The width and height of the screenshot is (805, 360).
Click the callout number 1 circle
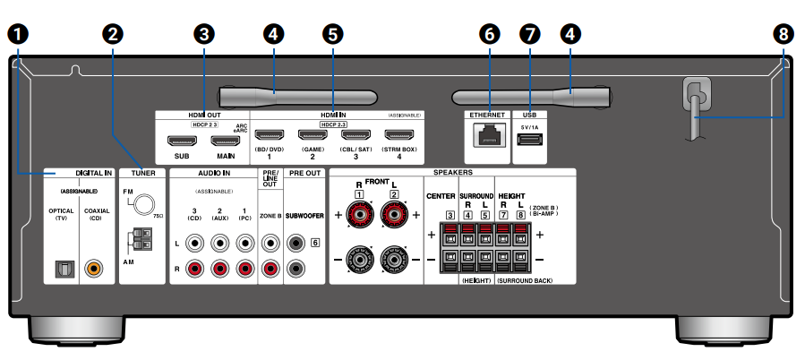tap(16, 34)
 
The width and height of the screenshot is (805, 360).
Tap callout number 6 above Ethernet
tap(488, 34)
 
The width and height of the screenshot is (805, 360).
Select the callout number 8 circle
tap(784, 34)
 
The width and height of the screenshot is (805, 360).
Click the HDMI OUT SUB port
tap(183, 141)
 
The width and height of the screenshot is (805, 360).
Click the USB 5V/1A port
tap(529, 141)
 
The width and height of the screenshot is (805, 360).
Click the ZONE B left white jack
tap(270, 242)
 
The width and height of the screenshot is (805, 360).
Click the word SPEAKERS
tap(453, 172)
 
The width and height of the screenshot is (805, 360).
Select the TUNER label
tap(143, 172)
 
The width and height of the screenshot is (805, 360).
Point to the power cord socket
tap(696, 93)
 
